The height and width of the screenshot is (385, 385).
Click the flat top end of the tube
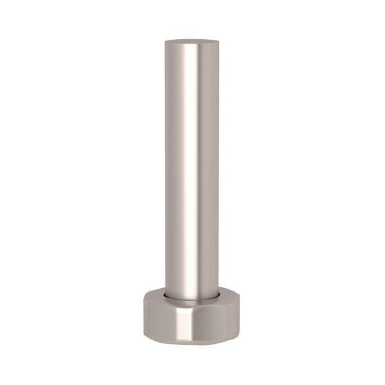click(x=192, y=42)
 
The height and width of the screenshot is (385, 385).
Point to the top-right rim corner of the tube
click(x=218, y=43)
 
